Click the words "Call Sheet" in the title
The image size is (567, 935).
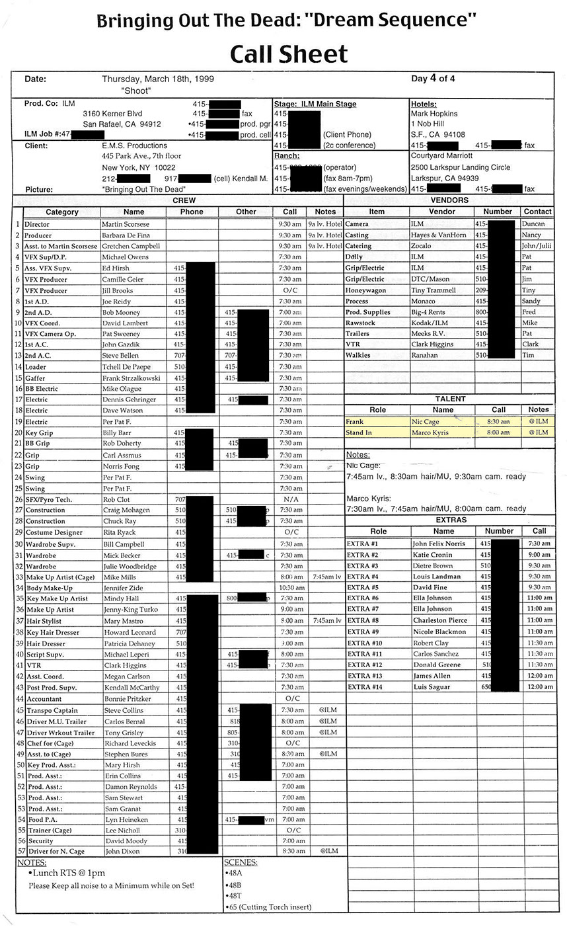pyautogui.click(x=289, y=54)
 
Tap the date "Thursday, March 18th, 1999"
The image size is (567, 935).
pyautogui.click(x=158, y=79)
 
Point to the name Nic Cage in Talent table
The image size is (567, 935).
pyautogui.click(x=425, y=421)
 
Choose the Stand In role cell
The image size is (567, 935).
pyautogui.click(x=359, y=432)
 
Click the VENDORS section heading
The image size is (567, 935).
pyautogui.click(x=449, y=200)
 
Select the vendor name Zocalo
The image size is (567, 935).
pyautogui.click(x=423, y=246)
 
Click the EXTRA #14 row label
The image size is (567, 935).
pyautogui.click(x=364, y=687)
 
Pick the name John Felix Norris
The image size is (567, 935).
pyautogui.click(x=439, y=544)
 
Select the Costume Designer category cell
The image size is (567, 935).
pyautogui.click(x=54, y=532)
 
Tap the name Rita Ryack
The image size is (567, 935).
pyautogui.click(x=119, y=532)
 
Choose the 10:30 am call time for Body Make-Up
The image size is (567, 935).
pyautogui.click(x=291, y=588)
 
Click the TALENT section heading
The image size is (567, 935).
pyautogui.click(x=449, y=399)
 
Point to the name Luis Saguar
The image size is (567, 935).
pyautogui.click(x=432, y=687)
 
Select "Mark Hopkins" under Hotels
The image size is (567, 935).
pyautogui.click(x=434, y=114)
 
